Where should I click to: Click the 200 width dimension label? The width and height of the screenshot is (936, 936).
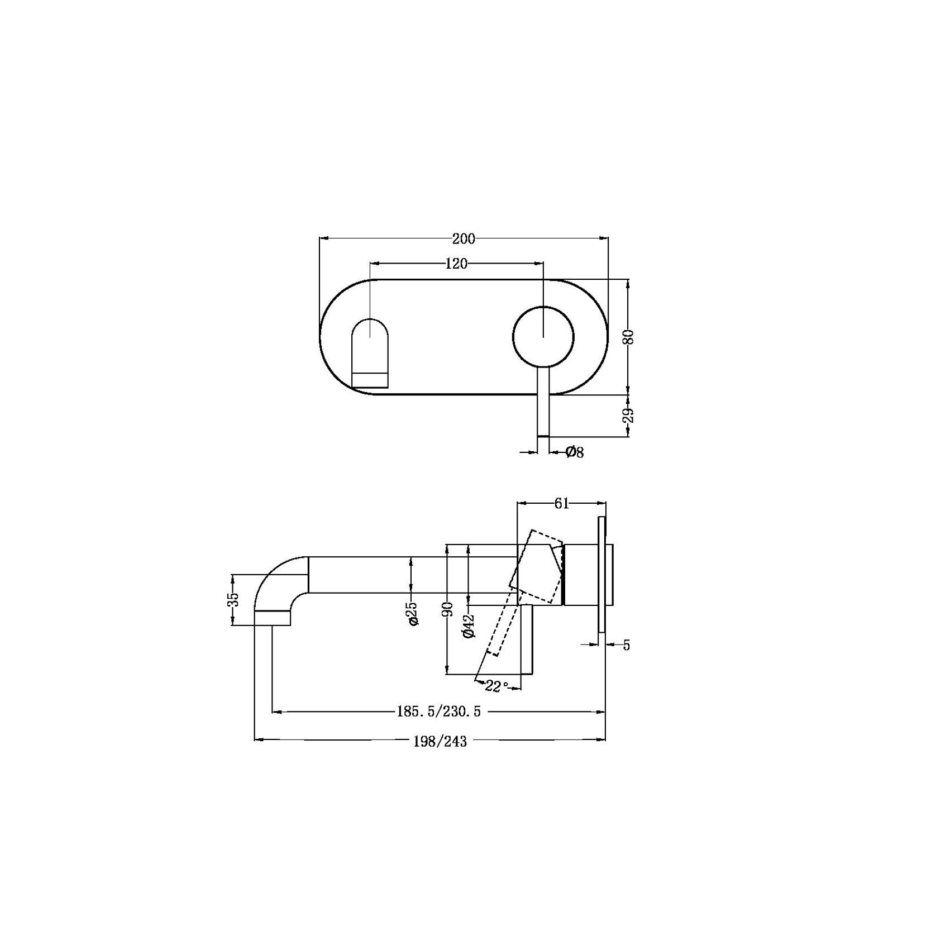click(x=464, y=239)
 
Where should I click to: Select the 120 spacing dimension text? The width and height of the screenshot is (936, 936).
click(x=456, y=264)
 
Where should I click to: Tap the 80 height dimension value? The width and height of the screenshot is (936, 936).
click(x=629, y=337)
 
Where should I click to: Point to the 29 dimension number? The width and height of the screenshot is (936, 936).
click(x=629, y=415)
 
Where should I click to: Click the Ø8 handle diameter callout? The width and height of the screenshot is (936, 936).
click(x=574, y=452)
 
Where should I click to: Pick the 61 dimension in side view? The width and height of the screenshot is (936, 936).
click(x=561, y=504)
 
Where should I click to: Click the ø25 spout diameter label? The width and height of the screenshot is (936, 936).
click(x=413, y=613)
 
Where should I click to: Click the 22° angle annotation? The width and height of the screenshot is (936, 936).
click(x=496, y=686)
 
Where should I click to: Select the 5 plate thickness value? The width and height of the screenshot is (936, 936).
click(x=627, y=646)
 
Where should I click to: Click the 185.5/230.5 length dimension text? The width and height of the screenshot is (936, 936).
click(x=438, y=711)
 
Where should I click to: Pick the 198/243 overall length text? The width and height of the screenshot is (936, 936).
click(x=440, y=741)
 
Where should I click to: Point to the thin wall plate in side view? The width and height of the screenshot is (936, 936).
click(x=601, y=574)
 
